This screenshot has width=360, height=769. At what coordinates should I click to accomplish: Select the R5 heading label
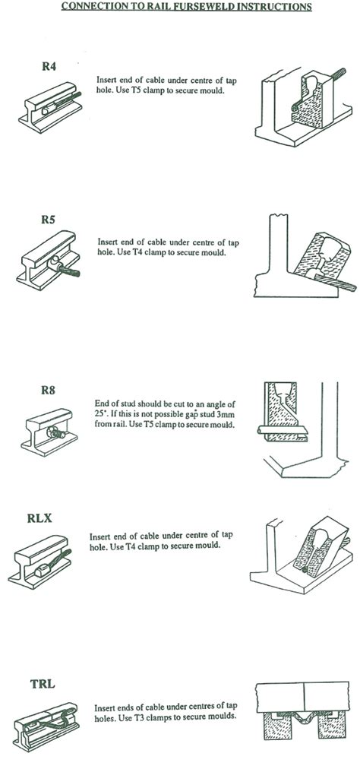tap(48, 219)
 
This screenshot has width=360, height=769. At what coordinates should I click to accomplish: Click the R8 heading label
tap(48, 391)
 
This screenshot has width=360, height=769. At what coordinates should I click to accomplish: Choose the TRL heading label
tap(43, 684)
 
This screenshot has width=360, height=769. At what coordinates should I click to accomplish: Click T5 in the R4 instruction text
tap(133, 90)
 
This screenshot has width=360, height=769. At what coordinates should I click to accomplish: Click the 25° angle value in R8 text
tap(100, 415)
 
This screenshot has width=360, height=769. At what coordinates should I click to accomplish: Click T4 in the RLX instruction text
tap(126, 546)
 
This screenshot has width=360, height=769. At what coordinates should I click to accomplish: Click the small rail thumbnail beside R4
tap(49, 106)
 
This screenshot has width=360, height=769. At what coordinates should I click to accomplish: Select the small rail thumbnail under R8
tap(49, 432)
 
